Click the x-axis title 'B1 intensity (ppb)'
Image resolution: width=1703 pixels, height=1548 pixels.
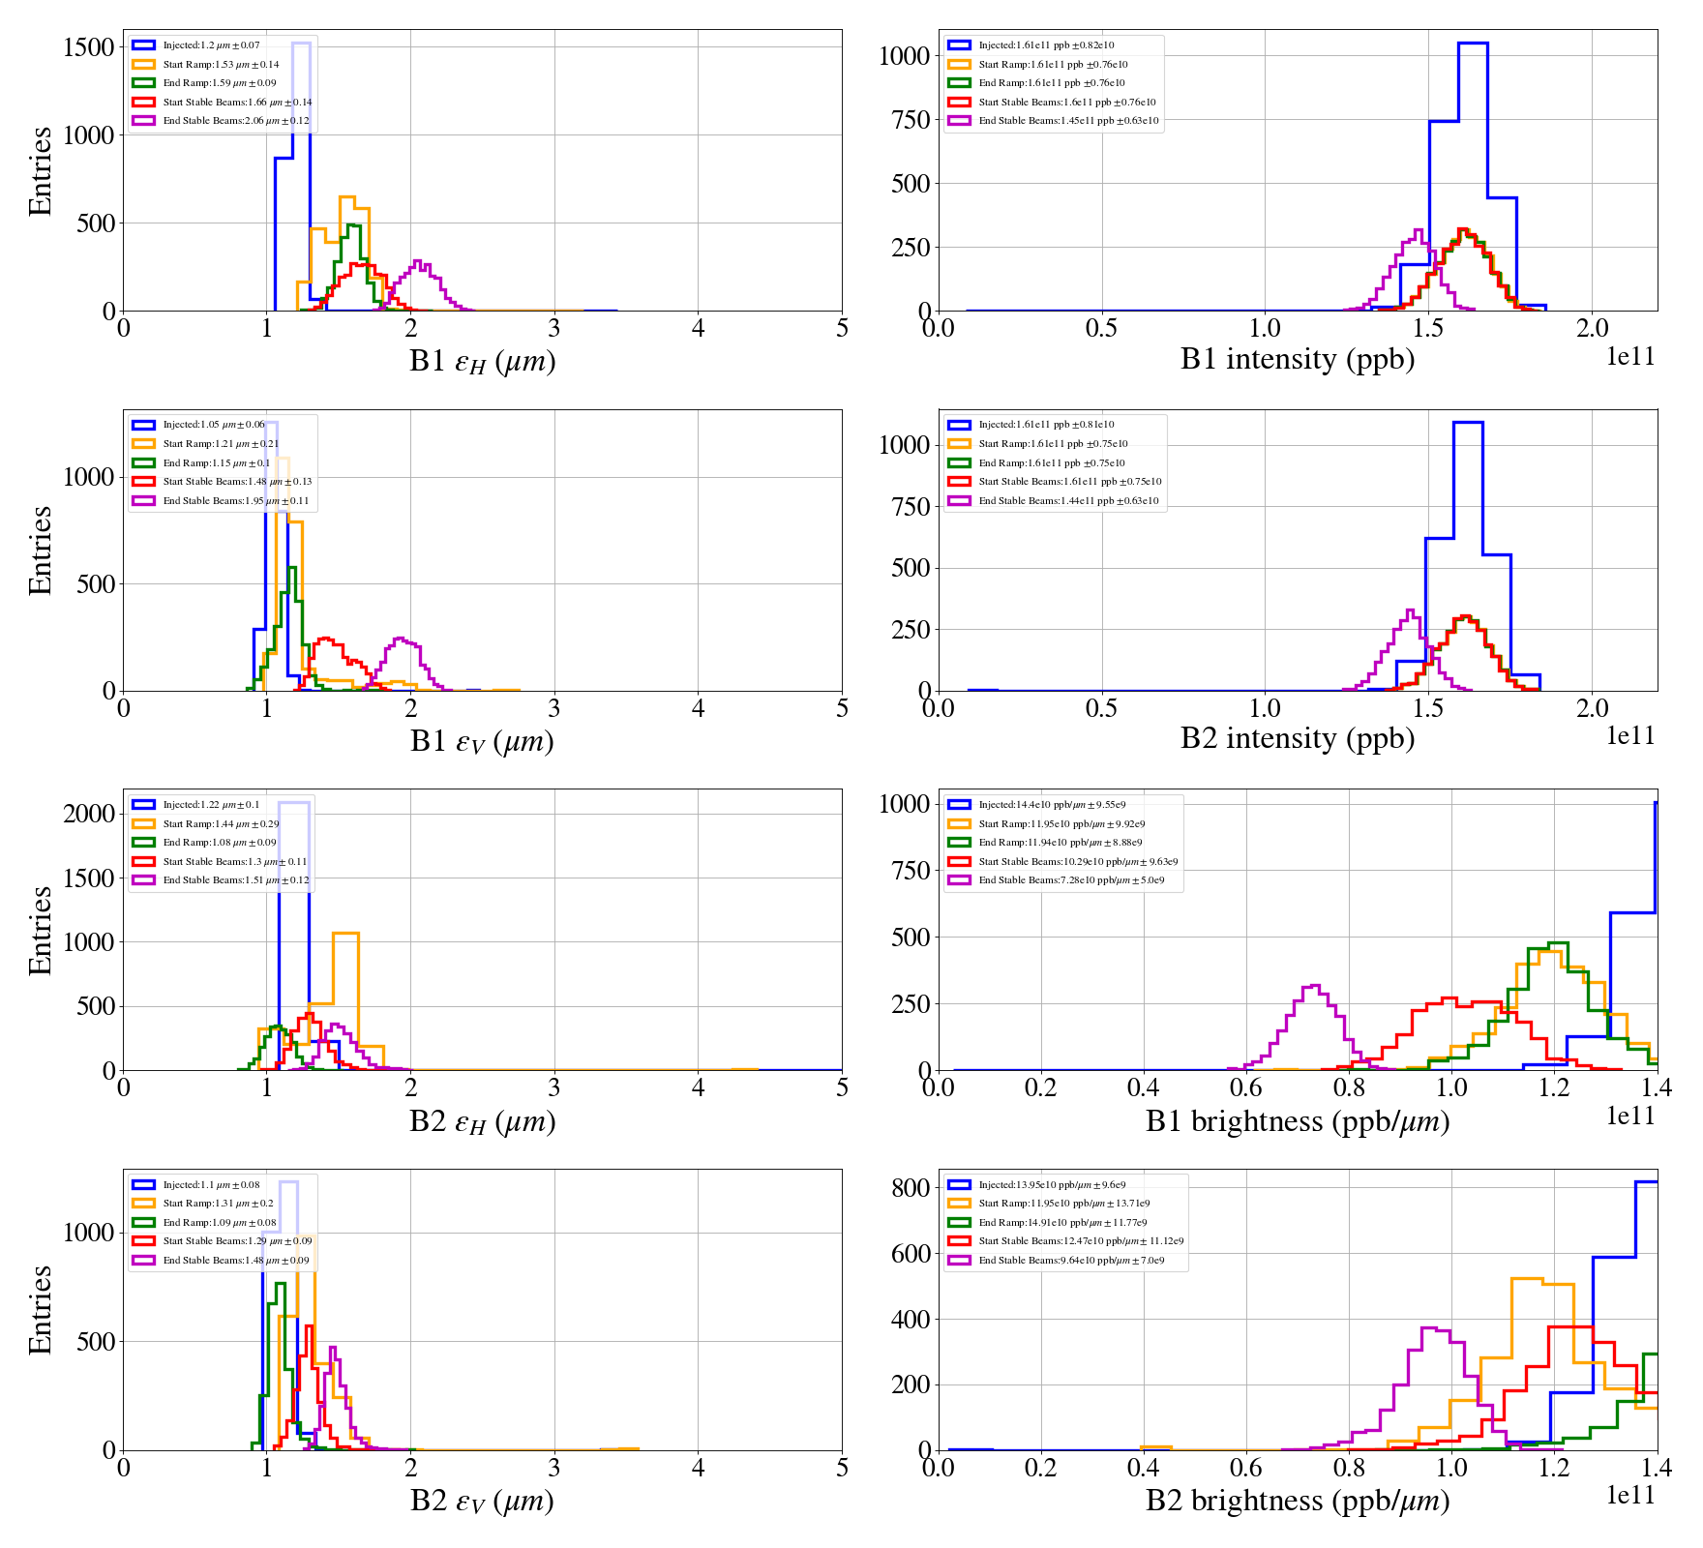tap(1297, 359)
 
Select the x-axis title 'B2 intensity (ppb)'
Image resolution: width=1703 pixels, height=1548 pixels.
tap(1297, 738)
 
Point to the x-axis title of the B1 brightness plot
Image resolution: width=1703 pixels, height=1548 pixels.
tap(1297, 1121)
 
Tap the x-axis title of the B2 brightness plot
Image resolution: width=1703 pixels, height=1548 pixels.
tap(1297, 1501)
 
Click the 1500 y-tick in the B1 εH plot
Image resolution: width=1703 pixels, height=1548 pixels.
tap(89, 47)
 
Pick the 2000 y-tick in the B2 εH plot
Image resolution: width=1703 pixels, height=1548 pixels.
tap(89, 814)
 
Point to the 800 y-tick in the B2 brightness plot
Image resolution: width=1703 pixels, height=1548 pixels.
tap(911, 1188)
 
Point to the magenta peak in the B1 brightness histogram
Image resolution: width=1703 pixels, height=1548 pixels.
tap(1312, 988)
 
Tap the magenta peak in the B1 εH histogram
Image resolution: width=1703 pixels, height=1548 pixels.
tap(417, 262)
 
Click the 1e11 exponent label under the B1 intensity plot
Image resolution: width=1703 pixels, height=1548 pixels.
tap(1630, 357)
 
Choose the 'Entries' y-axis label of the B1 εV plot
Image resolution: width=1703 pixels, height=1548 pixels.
tap(40, 550)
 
